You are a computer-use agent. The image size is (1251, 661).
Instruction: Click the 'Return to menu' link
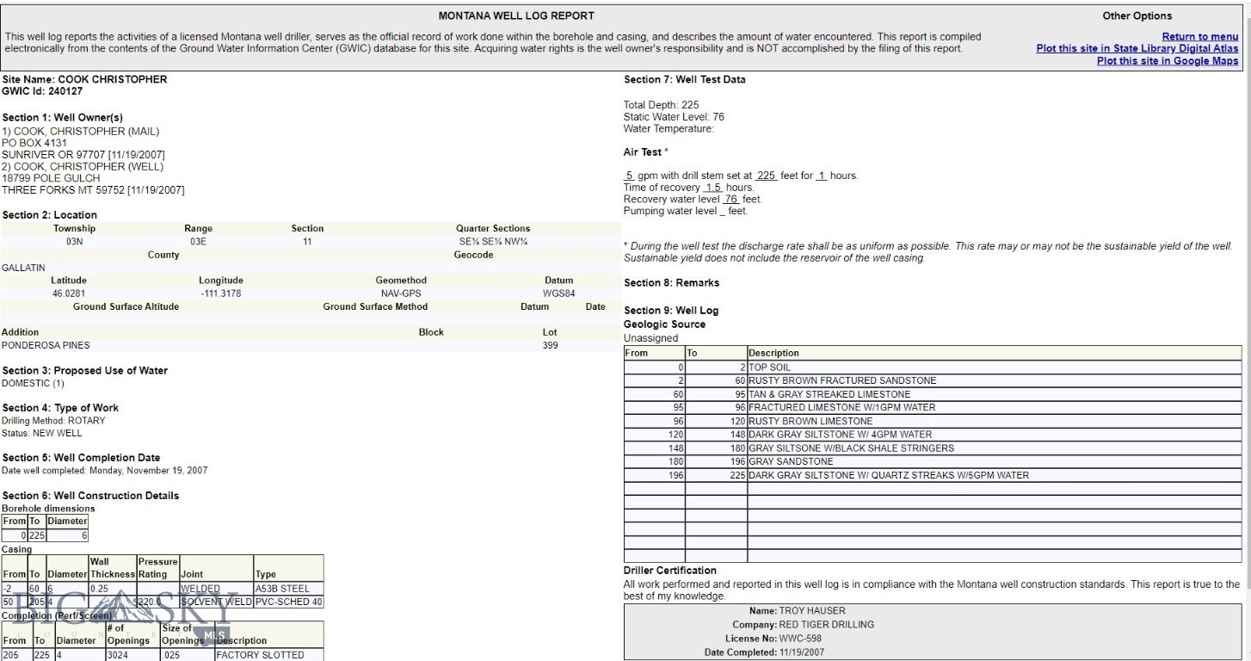[x=1199, y=37]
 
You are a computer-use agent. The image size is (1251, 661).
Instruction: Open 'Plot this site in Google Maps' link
[x=1167, y=61]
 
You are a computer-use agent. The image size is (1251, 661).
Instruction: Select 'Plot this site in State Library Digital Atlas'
[x=1137, y=49]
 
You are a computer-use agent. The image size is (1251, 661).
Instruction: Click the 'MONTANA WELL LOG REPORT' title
[x=516, y=16]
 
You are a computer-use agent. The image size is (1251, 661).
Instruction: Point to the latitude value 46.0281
[x=69, y=293]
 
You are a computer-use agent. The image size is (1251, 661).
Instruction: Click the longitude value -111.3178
[x=220, y=293]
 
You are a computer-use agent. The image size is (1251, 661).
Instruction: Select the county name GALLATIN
[x=23, y=268]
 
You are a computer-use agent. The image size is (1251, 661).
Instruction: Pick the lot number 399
[x=550, y=345]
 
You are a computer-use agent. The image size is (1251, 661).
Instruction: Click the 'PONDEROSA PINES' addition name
[x=46, y=345]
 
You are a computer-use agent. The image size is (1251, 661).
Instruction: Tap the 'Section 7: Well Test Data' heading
[x=684, y=80]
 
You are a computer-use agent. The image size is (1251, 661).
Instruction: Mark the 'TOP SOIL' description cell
[x=769, y=368]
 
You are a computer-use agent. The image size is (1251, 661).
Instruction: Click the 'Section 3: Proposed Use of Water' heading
[x=85, y=371]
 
